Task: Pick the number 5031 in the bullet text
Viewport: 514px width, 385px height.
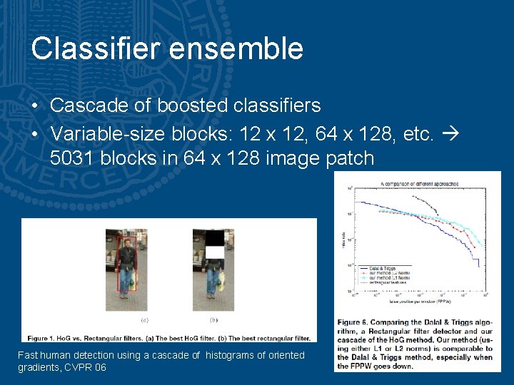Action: (72, 158)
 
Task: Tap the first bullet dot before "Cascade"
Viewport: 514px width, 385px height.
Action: (35, 106)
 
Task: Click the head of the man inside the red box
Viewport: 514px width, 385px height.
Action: (127, 244)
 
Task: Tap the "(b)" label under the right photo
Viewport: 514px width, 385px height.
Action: (214, 320)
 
